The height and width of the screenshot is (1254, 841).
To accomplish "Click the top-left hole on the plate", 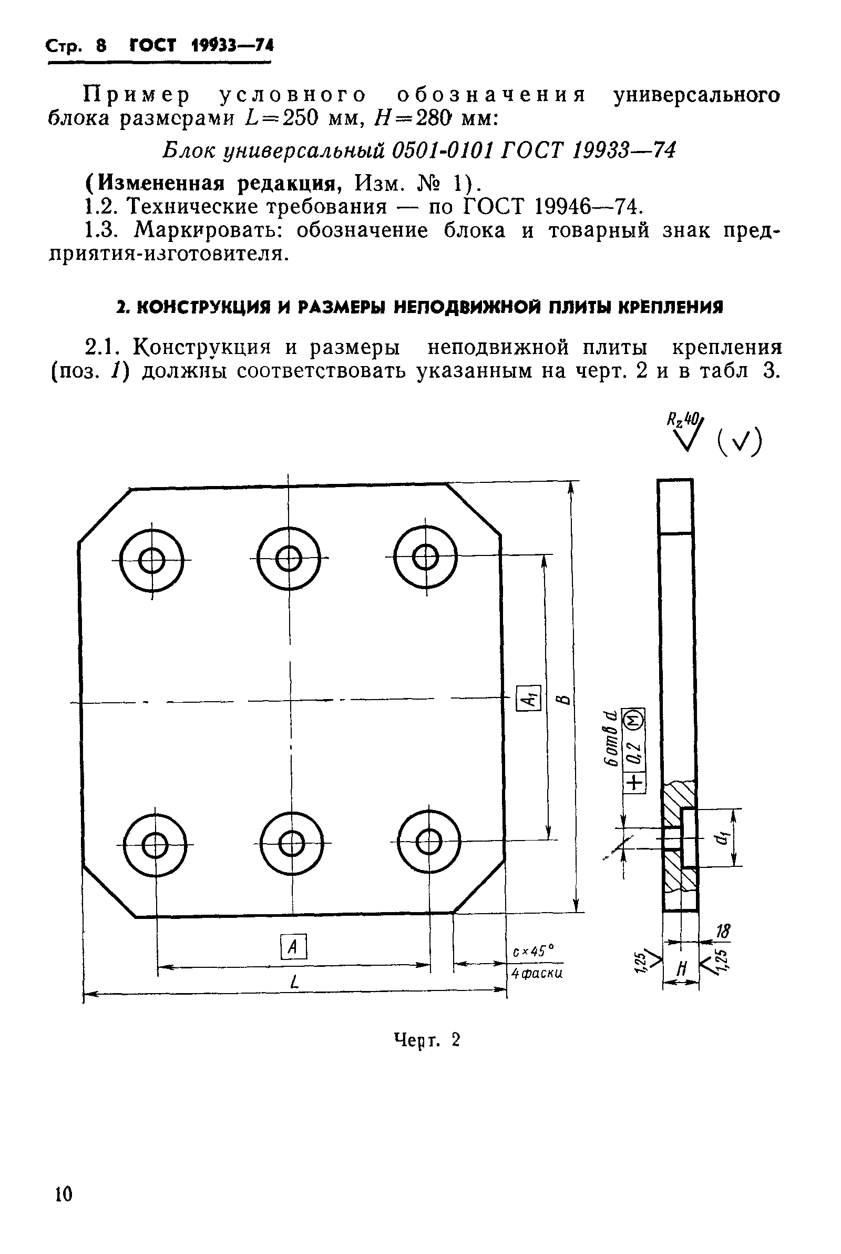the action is tap(152, 561).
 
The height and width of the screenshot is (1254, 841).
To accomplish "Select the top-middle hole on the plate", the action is tap(289, 559).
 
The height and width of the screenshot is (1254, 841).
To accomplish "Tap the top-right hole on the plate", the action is tap(426, 558).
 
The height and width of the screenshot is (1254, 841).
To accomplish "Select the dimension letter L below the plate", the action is tap(293, 983).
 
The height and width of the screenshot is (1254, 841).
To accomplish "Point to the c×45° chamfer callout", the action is tap(532, 952).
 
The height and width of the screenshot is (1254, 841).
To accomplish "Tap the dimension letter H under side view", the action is tap(682, 968).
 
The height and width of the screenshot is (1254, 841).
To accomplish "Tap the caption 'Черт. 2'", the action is tap(427, 1040).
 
